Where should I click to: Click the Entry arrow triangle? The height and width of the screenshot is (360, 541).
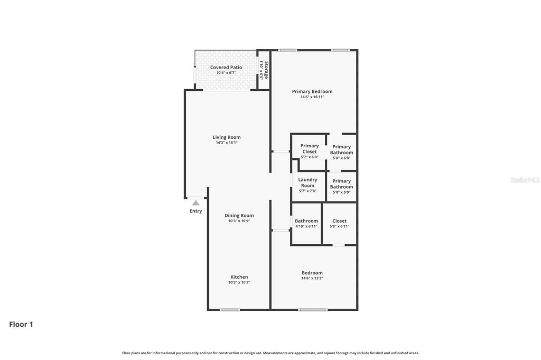point(195,203)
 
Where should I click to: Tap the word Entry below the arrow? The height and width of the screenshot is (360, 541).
point(195,211)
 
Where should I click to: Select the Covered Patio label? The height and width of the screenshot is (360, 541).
point(226,67)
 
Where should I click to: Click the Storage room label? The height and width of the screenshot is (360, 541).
point(266,70)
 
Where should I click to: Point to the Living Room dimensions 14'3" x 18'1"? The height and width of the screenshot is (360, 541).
point(227,143)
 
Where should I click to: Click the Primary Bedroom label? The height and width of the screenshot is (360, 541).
point(312,91)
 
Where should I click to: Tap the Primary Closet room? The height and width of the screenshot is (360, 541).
point(310,149)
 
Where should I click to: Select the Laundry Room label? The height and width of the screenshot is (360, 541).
point(307,183)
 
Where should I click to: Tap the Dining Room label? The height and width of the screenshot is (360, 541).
point(239,215)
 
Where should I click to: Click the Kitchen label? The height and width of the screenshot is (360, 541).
point(239,277)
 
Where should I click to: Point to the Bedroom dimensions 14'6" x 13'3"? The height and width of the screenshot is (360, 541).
point(312,278)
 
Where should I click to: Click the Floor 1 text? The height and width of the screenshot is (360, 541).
point(21,325)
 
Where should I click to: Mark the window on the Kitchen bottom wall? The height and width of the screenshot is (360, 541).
point(229,310)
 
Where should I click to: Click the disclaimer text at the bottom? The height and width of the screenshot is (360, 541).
point(270,353)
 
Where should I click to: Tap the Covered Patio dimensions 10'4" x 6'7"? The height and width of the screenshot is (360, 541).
point(226,73)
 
